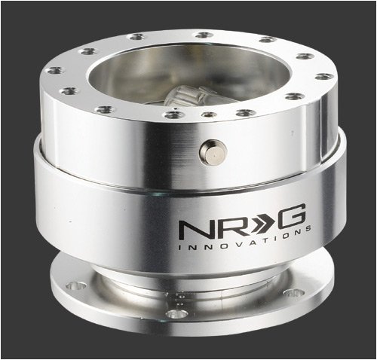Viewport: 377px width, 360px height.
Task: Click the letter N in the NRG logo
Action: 192,230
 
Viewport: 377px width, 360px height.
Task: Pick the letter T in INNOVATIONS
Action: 259,239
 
